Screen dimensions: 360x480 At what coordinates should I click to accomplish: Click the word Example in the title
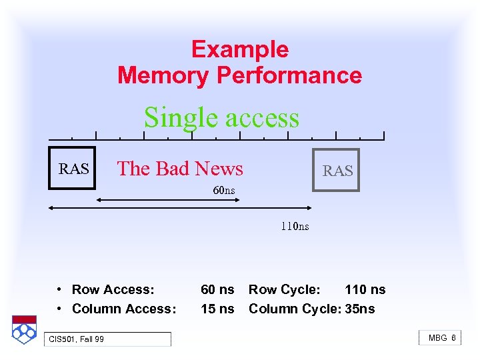click(x=239, y=50)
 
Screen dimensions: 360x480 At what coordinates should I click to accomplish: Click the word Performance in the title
click(x=289, y=75)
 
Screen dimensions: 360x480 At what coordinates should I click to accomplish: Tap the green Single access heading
click(x=221, y=117)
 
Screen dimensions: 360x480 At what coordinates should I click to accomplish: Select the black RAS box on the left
click(x=73, y=169)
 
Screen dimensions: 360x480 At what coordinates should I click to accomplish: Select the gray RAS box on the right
click(x=337, y=171)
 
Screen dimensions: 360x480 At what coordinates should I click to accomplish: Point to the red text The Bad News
click(x=180, y=169)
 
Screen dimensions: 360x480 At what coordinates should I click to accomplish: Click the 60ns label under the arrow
click(x=224, y=191)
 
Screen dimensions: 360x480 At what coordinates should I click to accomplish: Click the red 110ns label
click(x=295, y=226)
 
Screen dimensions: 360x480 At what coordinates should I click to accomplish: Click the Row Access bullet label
click(x=113, y=289)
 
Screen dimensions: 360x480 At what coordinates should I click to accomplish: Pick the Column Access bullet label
click(x=124, y=309)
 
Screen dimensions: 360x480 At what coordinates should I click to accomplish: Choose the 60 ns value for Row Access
click(x=217, y=289)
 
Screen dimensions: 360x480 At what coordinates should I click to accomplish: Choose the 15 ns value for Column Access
click(x=217, y=309)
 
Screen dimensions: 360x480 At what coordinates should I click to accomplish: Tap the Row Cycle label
click(x=285, y=289)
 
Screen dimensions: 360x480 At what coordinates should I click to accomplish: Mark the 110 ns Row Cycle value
click(x=365, y=289)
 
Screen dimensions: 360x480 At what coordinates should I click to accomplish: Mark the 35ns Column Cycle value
click(x=360, y=309)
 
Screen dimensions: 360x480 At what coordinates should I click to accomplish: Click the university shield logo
click(x=23, y=329)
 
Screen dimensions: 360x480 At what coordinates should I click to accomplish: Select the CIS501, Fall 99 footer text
click(x=77, y=340)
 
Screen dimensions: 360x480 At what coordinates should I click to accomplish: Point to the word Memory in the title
click(x=163, y=75)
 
